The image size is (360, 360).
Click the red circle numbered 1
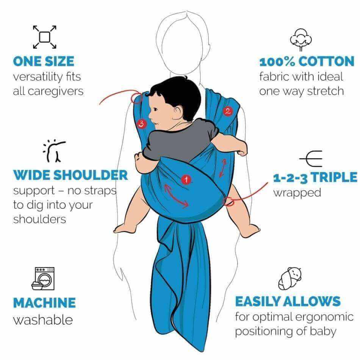[186, 179]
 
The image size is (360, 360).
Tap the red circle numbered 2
[227, 111]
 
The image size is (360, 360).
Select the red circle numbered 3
[141, 124]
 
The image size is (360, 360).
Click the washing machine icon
[43, 279]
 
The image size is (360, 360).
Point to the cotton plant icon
[301, 39]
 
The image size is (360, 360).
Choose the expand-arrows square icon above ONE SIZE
[45, 37]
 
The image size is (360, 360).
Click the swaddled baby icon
[290, 279]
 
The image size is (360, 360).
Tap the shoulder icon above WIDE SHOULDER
[55, 151]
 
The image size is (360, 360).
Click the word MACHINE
[45, 303]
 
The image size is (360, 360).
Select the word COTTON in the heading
[327, 61]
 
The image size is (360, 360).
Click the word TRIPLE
[334, 177]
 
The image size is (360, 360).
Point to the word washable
[43, 320]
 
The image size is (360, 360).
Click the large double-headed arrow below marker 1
[177, 197]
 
